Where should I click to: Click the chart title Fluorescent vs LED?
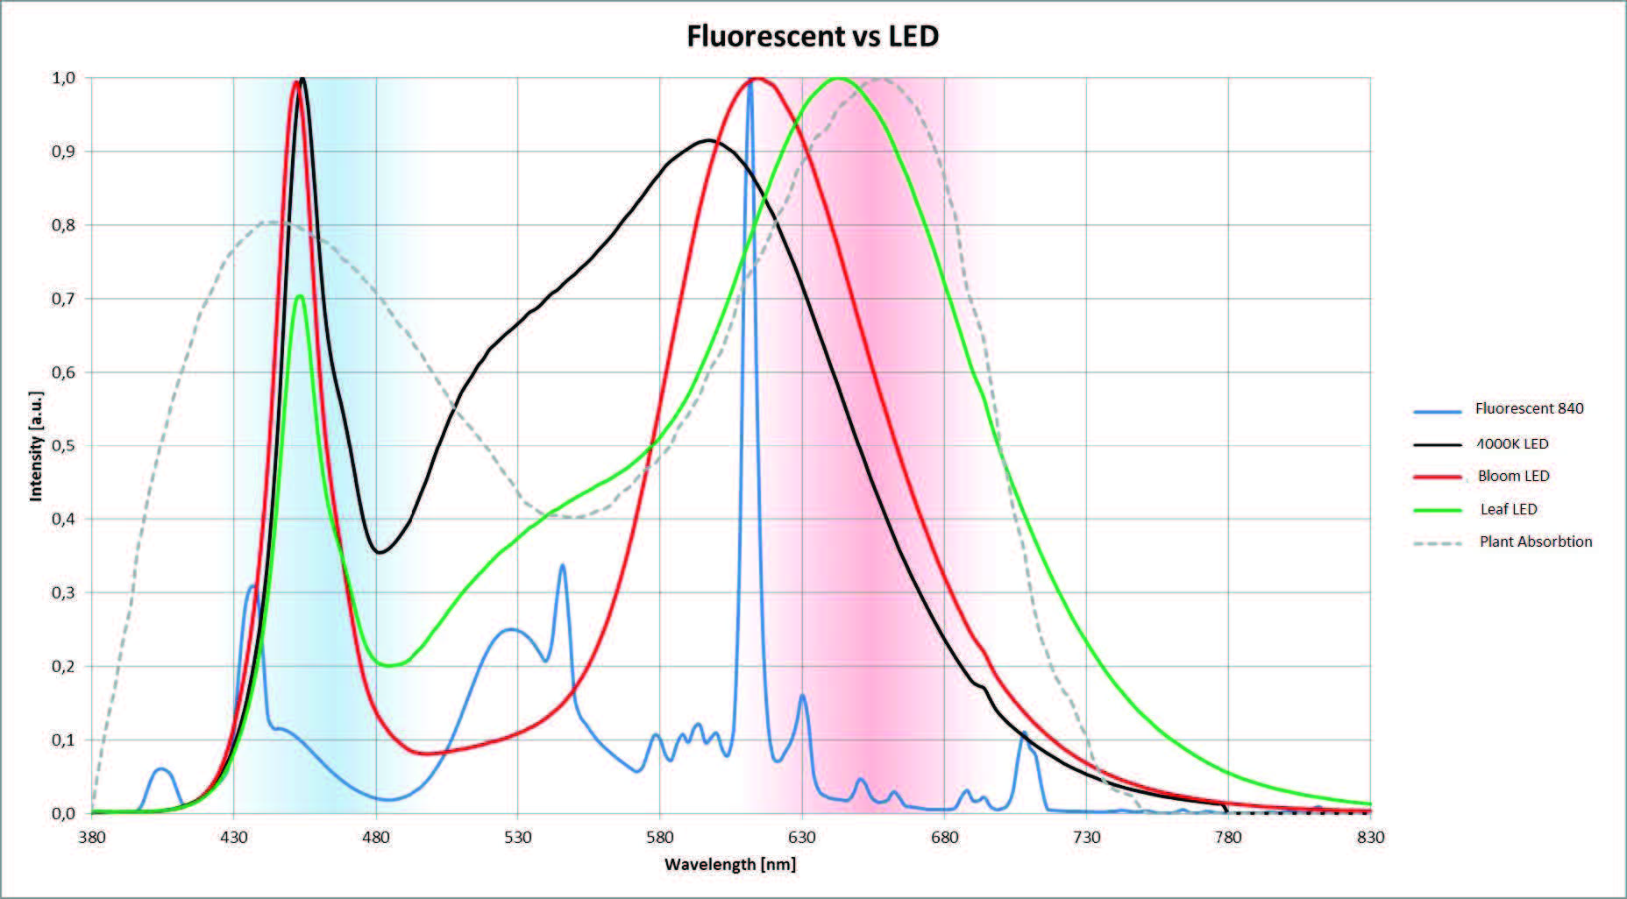pos(813,36)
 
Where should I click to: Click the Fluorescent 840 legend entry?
pos(1529,408)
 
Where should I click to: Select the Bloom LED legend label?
pos(1513,476)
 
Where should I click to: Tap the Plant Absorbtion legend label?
pos(1536,542)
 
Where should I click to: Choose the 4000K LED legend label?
pos(1513,443)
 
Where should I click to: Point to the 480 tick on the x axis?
pos(376,837)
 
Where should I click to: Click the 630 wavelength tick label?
pos(802,837)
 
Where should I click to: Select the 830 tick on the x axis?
pos(1370,837)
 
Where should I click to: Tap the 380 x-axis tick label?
pos(92,837)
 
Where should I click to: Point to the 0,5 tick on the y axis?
pos(63,446)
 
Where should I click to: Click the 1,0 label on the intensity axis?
pos(63,78)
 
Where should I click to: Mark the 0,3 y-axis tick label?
pos(63,593)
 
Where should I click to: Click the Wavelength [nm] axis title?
pos(730,865)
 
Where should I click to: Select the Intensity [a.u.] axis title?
pos(36,446)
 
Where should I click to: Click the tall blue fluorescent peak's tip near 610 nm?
pos(750,84)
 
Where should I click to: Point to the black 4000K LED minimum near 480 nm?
pos(380,552)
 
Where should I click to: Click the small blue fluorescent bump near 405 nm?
pos(161,769)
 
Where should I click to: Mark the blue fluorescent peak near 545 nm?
pos(562,566)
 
